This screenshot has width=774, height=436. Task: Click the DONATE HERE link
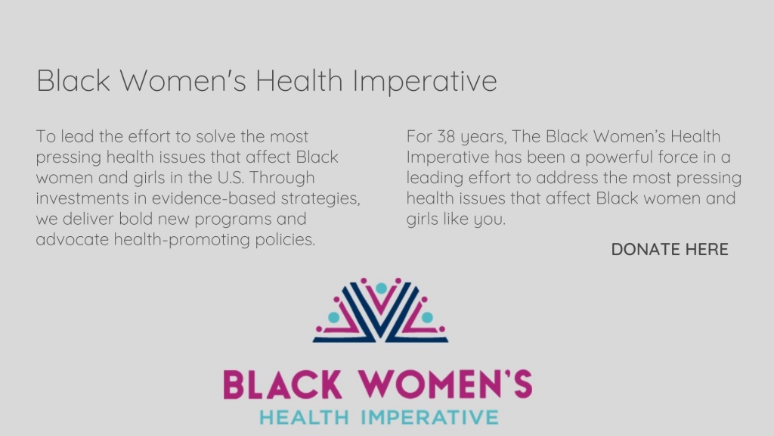tap(670, 249)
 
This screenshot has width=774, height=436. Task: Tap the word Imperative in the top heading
tap(425, 81)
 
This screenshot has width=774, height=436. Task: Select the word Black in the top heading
tap(73, 80)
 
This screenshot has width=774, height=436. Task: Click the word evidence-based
tap(213, 198)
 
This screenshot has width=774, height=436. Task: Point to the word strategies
tap(320, 199)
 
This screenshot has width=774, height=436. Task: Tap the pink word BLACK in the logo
tap(283, 385)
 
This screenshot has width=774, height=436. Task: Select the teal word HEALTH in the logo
tap(304, 417)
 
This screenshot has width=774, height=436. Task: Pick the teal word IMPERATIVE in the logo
tap(429, 417)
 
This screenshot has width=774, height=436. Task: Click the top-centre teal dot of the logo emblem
tap(381, 288)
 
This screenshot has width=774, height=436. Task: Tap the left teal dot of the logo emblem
tap(333, 317)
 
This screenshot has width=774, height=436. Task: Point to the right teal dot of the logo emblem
tap(428, 317)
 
